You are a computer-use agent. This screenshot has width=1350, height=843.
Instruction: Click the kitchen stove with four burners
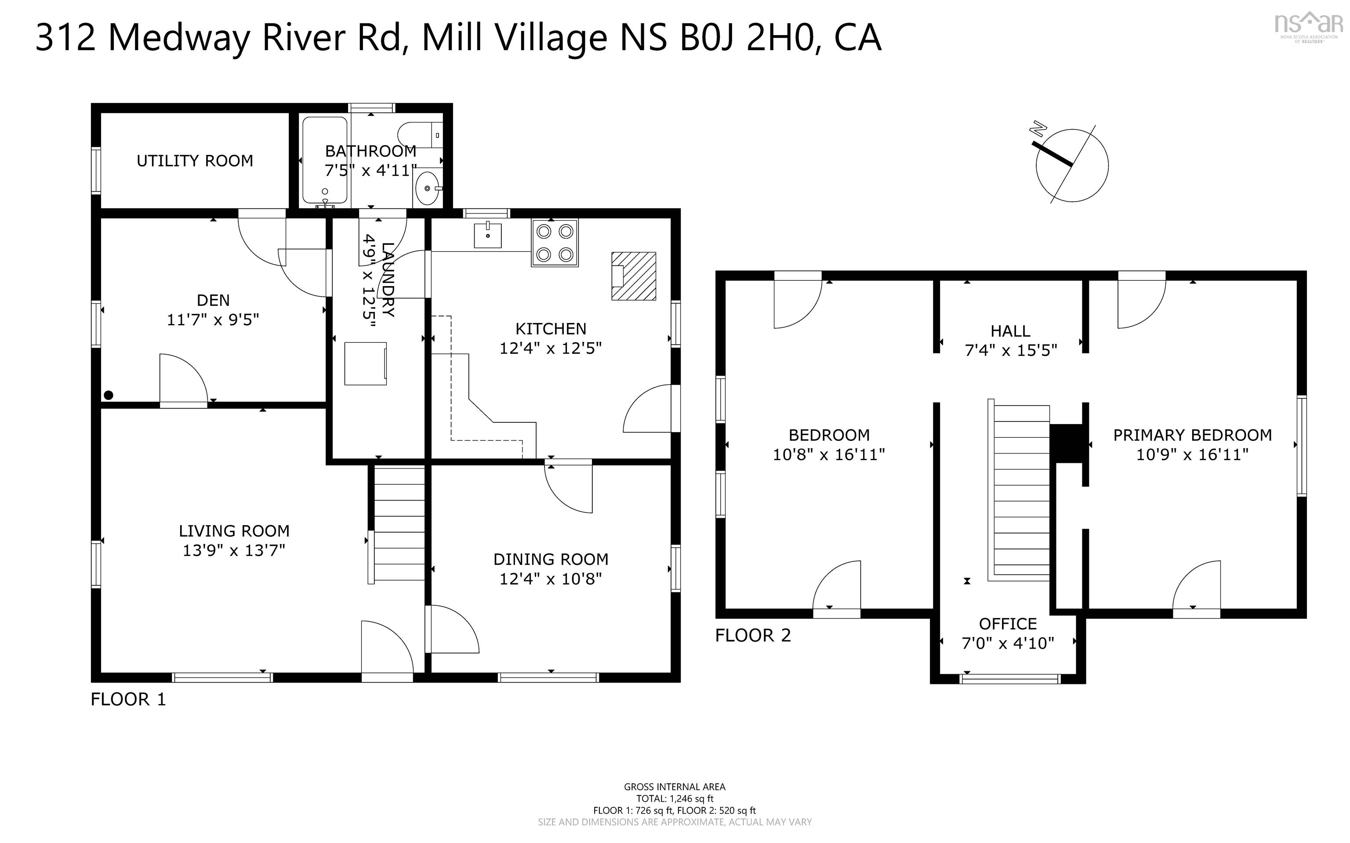tap(555, 243)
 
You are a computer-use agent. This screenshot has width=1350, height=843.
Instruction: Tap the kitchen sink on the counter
tap(488, 235)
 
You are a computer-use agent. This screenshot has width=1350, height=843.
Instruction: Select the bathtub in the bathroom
tap(325, 160)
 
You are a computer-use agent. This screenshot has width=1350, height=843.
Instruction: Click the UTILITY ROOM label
tap(195, 161)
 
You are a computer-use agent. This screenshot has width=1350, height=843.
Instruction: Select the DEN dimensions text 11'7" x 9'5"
tap(213, 320)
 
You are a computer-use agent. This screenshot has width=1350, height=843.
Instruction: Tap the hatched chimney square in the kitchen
tap(633, 276)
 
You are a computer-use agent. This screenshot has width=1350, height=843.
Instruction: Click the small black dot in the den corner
tap(109, 395)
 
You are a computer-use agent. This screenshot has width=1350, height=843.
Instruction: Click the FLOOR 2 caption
tap(752, 636)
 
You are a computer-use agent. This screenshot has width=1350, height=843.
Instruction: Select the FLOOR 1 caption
tap(128, 699)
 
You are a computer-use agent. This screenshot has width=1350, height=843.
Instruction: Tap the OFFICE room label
tap(1008, 623)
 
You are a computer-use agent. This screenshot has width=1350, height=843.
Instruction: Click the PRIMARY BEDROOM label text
tap(1192, 435)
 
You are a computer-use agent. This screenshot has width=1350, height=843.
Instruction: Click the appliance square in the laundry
tap(365, 363)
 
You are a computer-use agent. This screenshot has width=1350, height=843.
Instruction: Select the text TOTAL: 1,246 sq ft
tap(675, 799)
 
